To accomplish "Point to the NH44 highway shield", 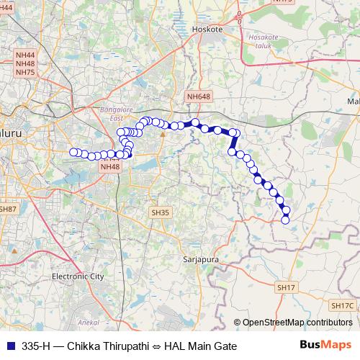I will [24, 55].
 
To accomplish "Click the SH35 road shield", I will [160, 212].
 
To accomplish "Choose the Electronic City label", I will [78, 276].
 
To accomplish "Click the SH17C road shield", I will [344, 306].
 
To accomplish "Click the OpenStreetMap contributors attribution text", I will [298, 323].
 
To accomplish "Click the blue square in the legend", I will [9, 346].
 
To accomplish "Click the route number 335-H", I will [36, 346].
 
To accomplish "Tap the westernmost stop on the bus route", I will [73, 152].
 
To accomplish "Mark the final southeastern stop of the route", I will [284, 220].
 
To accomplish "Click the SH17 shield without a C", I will [286, 287].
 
